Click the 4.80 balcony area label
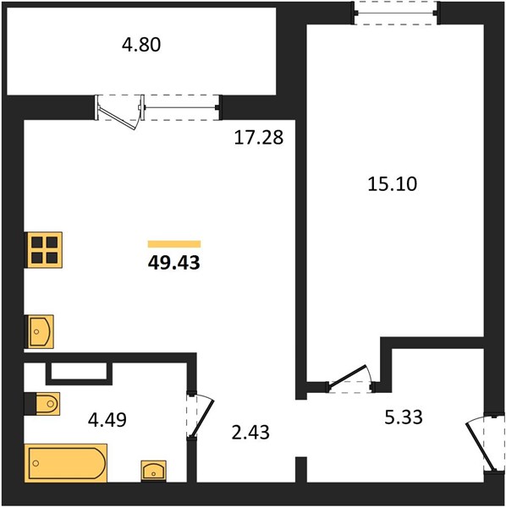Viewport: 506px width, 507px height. point(141,45)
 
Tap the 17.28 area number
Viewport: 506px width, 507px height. point(258,138)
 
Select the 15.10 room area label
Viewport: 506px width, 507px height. point(393,184)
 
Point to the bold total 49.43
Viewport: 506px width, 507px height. point(173,263)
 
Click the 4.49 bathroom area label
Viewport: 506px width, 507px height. point(107,420)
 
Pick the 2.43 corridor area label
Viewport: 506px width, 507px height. point(250,433)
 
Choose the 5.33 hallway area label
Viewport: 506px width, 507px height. point(404,417)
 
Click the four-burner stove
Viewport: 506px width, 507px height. point(45,250)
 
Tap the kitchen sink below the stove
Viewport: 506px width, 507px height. point(41,332)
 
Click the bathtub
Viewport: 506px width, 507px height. point(66,463)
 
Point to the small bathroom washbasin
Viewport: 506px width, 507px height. point(154,472)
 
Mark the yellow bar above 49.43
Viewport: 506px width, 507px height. point(174,244)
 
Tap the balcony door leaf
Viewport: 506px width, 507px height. point(117,118)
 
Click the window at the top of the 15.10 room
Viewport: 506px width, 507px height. point(396,14)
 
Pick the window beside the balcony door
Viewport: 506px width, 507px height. point(181,107)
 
